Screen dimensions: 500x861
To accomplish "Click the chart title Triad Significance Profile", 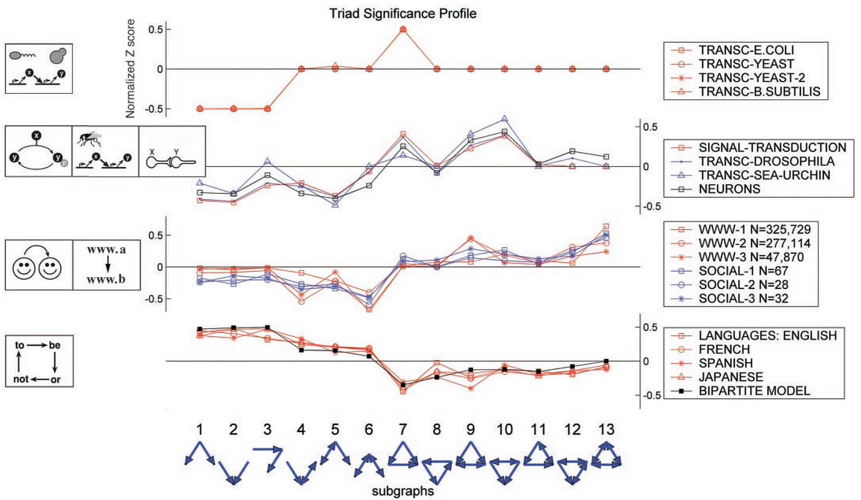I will (403, 14).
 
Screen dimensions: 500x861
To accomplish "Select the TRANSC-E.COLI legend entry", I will (746, 50).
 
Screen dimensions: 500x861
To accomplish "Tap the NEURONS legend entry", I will (729, 189).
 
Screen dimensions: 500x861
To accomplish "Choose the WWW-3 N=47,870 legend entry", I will (751, 257).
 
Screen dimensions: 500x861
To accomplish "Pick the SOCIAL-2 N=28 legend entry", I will (743, 285).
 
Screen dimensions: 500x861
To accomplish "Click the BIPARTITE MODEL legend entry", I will (754, 391).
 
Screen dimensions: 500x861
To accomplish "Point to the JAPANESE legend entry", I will (730, 377).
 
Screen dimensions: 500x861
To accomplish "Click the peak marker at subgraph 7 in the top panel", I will (403, 29).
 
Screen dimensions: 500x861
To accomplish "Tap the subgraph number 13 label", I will (606, 429).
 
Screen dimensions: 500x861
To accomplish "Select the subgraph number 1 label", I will (199, 429).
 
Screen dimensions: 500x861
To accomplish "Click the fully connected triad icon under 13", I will (606, 456).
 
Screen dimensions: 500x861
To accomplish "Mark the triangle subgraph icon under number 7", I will (403, 456).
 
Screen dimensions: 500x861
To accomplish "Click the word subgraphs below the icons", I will (403, 491).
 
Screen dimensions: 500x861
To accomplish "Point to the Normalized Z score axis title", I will (131, 69).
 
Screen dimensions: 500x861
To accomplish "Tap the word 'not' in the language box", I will (21, 379).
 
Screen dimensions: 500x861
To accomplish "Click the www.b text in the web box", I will (106, 279).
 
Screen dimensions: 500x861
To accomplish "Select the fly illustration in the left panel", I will (90, 139).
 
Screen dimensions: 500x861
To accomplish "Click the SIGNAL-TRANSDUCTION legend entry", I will (772, 147).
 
